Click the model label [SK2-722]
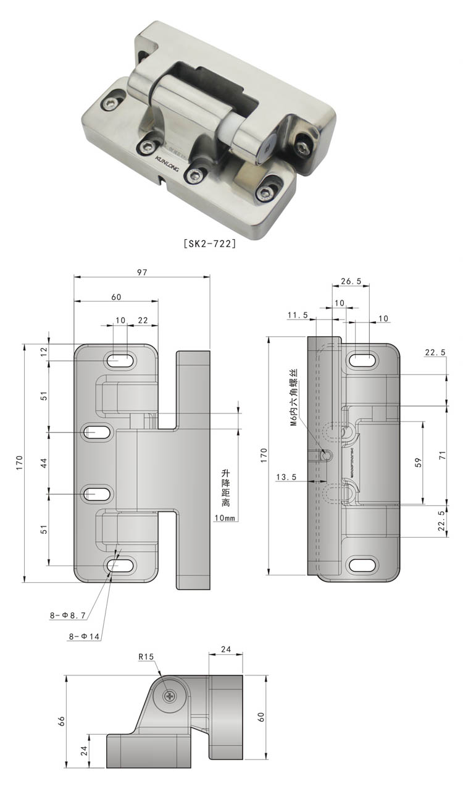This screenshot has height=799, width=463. (x=211, y=243)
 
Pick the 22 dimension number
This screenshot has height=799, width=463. (x=143, y=320)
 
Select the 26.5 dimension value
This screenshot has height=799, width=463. (x=351, y=281)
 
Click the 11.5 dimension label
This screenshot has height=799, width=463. (x=298, y=315)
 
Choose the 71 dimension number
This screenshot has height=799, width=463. (x=443, y=455)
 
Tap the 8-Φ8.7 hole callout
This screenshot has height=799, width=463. (x=69, y=615)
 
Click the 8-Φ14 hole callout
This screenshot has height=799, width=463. (x=85, y=636)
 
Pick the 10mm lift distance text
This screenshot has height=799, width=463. (x=225, y=518)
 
